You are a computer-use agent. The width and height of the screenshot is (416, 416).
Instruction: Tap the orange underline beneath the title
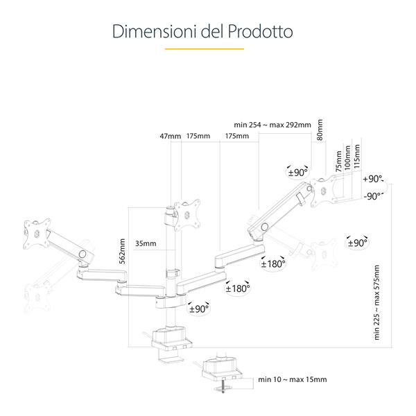(x=204, y=49)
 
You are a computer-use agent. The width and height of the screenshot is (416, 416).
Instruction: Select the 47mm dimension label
(x=170, y=136)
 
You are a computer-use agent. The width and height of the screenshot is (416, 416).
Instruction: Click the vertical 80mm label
(x=320, y=132)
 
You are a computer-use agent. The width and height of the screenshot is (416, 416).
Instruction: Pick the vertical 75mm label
(x=338, y=160)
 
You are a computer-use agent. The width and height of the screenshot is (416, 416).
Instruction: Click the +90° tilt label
(x=373, y=178)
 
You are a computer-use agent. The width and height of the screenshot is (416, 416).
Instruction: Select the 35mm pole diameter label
(x=146, y=243)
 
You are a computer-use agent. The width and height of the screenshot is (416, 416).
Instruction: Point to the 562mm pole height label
(x=123, y=253)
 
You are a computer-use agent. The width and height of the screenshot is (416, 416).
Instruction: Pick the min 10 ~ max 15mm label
(x=292, y=379)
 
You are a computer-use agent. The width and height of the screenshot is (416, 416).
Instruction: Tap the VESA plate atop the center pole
(x=187, y=213)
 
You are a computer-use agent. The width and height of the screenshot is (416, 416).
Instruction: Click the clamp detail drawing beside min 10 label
(x=220, y=371)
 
